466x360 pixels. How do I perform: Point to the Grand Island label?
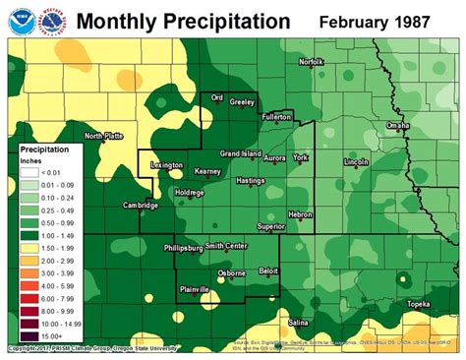(239, 154)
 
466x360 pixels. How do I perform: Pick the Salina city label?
(298, 322)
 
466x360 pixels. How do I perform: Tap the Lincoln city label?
(357, 159)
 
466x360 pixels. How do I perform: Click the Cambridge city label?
(141, 205)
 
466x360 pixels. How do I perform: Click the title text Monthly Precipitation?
(183, 21)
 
